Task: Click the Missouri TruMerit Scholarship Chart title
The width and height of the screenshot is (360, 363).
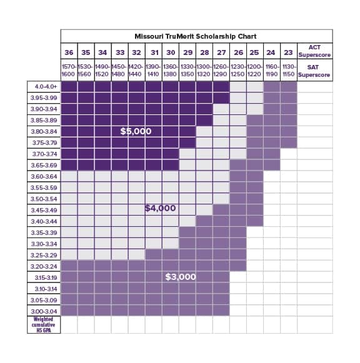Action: [x=196, y=36]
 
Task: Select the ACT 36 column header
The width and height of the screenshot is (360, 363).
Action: [x=69, y=52]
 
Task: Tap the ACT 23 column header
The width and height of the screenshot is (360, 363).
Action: [x=289, y=52]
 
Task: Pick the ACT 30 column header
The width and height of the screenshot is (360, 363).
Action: [x=171, y=52]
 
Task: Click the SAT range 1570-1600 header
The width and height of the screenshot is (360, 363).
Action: [x=69, y=71]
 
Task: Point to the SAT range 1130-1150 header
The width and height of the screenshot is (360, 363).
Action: [x=289, y=71]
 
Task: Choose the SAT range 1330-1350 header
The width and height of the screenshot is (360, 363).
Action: [x=187, y=71]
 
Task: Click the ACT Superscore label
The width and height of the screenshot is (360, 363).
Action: [x=314, y=51]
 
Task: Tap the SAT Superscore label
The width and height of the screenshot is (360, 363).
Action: [x=314, y=71]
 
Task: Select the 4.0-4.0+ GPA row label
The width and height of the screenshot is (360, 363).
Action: [x=46, y=87]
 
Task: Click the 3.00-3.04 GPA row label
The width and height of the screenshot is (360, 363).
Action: [x=44, y=311]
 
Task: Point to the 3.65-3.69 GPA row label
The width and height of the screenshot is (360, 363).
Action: [x=44, y=166]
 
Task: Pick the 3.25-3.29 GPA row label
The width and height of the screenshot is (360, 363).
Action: [x=44, y=256]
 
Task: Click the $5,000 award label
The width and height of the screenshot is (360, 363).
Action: [x=136, y=131]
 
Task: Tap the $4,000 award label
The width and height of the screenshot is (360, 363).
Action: [x=160, y=208]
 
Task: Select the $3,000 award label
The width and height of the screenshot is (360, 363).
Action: [x=181, y=277]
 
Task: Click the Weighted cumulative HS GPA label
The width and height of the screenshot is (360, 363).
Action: [x=44, y=324]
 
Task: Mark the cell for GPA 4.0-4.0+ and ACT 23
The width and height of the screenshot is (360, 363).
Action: [x=289, y=87]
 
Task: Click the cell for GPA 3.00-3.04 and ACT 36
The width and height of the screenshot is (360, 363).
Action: [x=69, y=311]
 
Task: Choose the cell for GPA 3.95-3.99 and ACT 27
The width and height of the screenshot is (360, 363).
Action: [x=221, y=98]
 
